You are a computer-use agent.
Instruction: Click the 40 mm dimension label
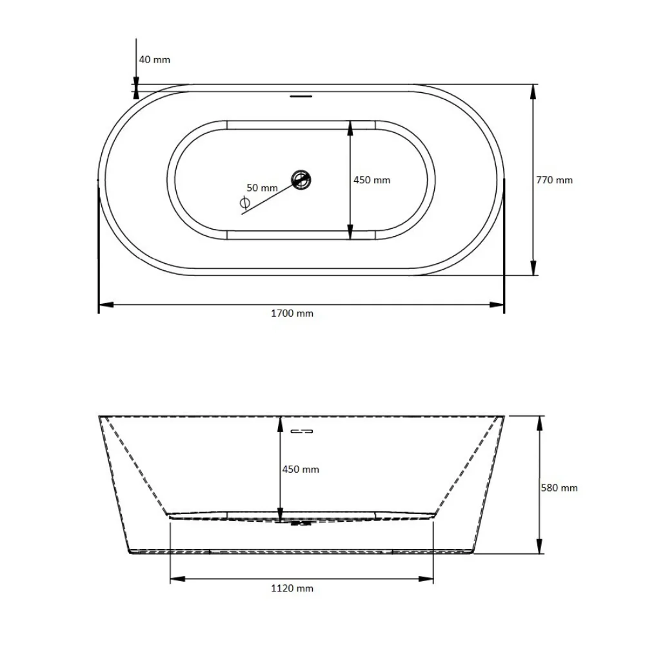(x=154, y=59)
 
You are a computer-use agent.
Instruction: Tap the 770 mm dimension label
(x=554, y=180)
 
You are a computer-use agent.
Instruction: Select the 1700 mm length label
(x=292, y=313)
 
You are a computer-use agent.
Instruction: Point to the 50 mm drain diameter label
(x=262, y=188)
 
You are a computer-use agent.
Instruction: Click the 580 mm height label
(x=559, y=488)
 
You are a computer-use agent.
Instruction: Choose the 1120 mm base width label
(x=292, y=588)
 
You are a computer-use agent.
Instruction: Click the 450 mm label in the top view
(x=372, y=180)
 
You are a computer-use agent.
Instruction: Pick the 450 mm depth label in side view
(x=301, y=470)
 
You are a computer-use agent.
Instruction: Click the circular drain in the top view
(x=301, y=180)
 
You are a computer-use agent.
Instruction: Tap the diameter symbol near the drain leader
(x=244, y=203)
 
